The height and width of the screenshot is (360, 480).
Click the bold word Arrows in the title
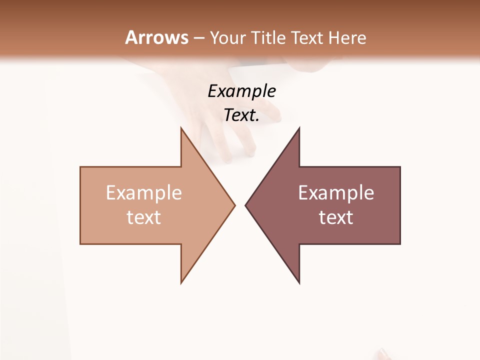coord(156,37)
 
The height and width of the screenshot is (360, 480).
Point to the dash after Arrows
coord(199,38)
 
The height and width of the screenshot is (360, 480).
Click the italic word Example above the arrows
coord(241,91)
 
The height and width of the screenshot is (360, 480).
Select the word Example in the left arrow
coord(143,193)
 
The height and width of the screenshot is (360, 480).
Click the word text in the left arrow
coord(143,217)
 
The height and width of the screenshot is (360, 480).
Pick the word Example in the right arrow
coord(336,193)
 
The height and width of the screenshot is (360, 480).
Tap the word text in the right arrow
coord(336,217)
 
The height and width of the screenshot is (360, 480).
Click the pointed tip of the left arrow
coord(234,205)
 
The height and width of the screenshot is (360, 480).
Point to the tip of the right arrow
coord(245,205)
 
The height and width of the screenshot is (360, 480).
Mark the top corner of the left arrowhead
coord(181,128)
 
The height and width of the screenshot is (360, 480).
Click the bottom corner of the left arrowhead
coord(181,283)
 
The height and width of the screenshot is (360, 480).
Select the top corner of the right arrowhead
coord(299,128)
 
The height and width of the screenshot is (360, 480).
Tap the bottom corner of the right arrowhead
coord(299,283)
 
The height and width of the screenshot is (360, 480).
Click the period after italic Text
coord(257,120)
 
